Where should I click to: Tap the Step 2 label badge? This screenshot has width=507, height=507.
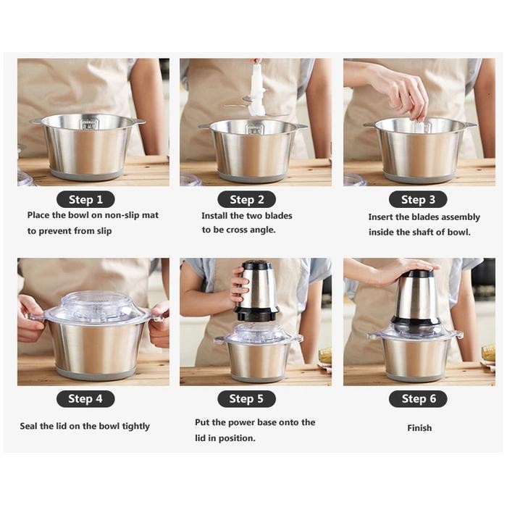click(246, 199)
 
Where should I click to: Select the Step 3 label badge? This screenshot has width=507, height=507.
click(418, 199)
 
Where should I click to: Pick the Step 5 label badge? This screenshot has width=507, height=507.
click(246, 398)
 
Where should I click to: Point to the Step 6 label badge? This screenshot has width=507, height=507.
click(418, 398)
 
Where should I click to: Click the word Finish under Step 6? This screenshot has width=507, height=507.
click(419, 428)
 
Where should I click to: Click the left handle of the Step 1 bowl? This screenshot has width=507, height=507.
click(35, 122)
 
